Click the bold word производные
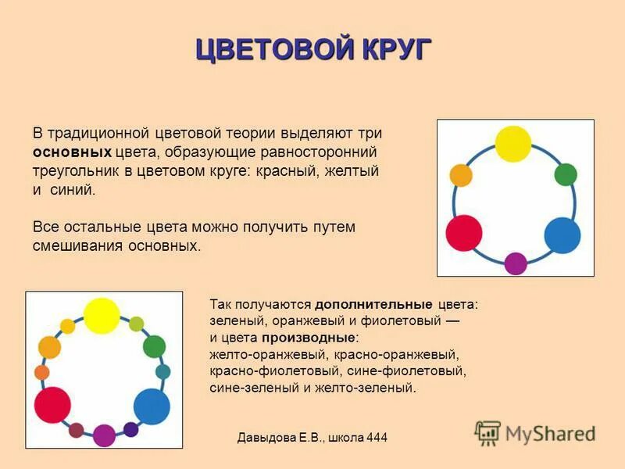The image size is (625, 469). pyautogui.click(x=309, y=338)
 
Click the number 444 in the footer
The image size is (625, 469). pyautogui.click(x=373, y=438)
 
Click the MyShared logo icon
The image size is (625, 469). pyautogui.click(x=487, y=433)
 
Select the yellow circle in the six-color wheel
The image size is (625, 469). pyautogui.click(x=513, y=144)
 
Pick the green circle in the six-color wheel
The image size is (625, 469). pyautogui.click(x=566, y=174)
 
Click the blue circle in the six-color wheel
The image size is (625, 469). pyautogui.click(x=562, y=234)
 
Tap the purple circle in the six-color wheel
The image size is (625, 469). pyautogui.click(x=516, y=263)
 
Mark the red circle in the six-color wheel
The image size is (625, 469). pyautogui.click(x=464, y=233)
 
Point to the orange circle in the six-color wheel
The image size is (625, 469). pyautogui.click(x=461, y=175)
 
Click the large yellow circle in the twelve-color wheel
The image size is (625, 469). pyautogui.click(x=102, y=316)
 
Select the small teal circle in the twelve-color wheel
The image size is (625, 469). pyautogui.click(x=163, y=372)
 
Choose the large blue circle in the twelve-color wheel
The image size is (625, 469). pyautogui.click(x=152, y=406)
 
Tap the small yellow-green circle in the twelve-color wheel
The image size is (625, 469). pyautogui.click(x=136, y=324)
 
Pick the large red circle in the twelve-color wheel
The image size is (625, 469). pyautogui.click(x=52, y=404)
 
